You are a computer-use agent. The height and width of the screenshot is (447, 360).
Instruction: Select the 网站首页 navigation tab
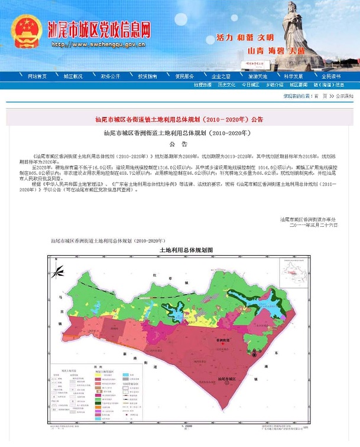(x=37, y=76)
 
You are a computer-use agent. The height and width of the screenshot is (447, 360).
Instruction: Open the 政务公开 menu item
(x=110, y=76)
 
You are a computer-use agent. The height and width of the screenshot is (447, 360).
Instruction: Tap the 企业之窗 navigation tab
(x=221, y=76)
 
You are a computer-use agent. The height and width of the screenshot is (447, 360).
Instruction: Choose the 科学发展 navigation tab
(x=293, y=76)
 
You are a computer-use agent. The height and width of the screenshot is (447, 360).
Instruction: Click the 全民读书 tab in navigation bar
(x=330, y=76)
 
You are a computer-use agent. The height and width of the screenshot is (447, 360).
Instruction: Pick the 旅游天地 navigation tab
(x=258, y=76)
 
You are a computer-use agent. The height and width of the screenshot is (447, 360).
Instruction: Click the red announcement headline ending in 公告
(x=179, y=119)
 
